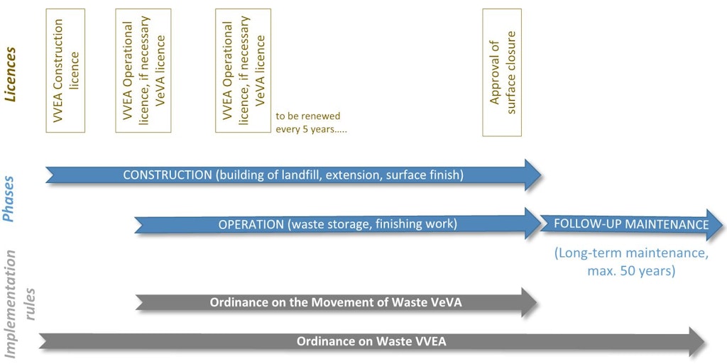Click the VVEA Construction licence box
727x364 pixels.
65,70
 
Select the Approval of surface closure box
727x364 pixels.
502,72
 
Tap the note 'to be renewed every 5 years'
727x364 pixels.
307,123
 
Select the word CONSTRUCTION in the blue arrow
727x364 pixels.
168,175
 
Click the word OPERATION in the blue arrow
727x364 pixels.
251,224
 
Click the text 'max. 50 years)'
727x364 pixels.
630,271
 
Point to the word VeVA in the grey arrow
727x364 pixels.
445,303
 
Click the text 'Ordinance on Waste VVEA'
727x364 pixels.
371,341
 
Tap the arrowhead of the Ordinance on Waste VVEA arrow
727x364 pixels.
696,341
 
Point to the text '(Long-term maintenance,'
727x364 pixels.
630,253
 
